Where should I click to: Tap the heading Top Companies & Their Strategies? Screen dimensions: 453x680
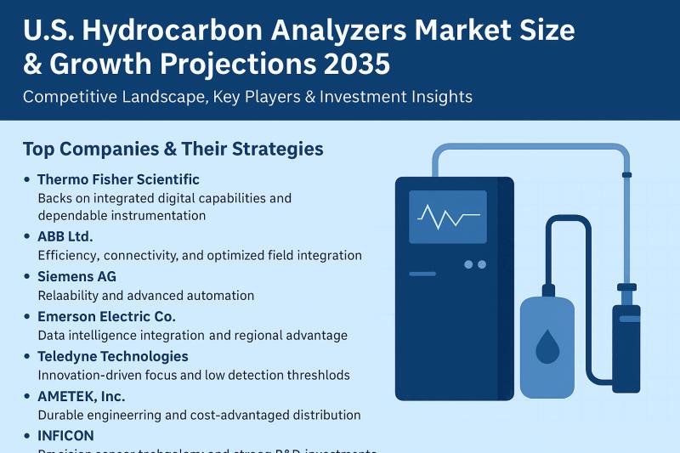pos(173,149)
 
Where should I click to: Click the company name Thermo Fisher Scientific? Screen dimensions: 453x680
pos(118,179)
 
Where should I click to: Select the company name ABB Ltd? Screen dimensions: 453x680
pos(65,236)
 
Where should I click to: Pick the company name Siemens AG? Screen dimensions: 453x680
pos(76,276)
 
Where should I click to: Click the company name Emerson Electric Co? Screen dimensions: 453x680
pos(106,316)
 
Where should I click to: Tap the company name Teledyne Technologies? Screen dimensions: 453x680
pos(112,356)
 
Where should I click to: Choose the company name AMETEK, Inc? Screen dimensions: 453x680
pos(81,396)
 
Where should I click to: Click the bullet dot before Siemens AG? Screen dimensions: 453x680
pos(27,277)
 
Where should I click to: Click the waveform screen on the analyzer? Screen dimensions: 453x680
pos(447,218)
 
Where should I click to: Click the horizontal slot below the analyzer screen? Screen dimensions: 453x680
pos(422,274)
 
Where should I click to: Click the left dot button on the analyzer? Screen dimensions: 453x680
pos(468,264)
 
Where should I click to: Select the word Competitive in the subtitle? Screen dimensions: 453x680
pos(66,97)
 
